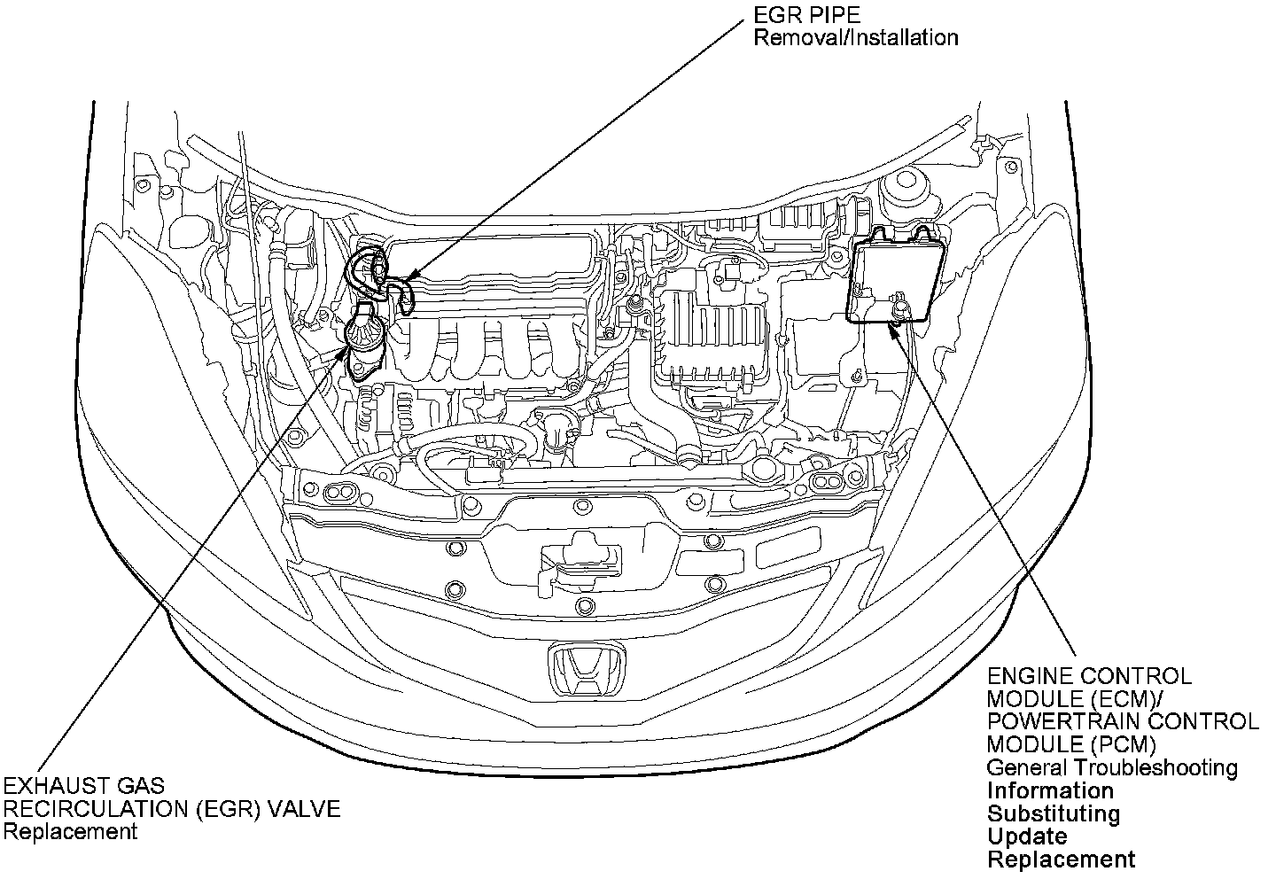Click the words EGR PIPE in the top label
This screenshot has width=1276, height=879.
tap(806, 15)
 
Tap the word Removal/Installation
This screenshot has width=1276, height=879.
tap(855, 38)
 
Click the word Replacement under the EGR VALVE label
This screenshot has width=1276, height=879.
tap(71, 832)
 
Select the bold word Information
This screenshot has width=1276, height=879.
tap(1050, 790)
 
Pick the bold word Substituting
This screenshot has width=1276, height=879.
tap(1054, 813)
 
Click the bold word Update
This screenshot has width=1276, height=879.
tap(1027, 836)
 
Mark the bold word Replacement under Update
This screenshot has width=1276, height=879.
tap(1061, 860)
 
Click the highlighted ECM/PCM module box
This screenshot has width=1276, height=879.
tap(895, 275)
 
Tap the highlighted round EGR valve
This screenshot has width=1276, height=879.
tap(364, 334)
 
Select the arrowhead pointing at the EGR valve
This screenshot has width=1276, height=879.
tap(344, 354)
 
